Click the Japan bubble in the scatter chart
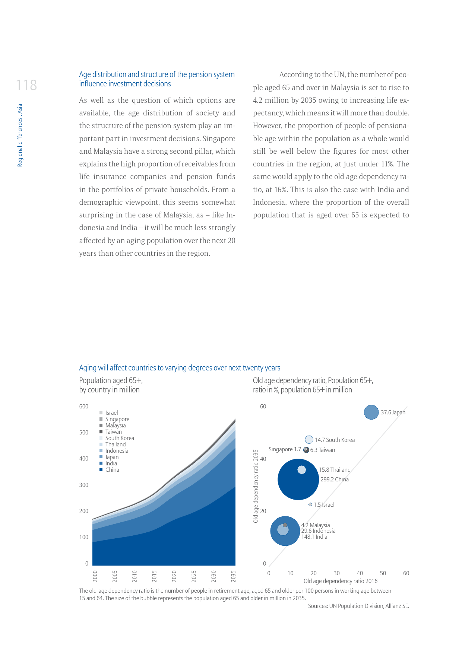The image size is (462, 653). [371, 412]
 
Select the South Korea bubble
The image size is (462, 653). [309, 440]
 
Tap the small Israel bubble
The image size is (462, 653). [310, 504]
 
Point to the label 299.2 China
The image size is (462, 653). [334, 480]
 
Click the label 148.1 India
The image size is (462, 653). [314, 537]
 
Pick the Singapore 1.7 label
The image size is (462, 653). [285, 449]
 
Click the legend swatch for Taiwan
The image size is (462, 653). [101, 432]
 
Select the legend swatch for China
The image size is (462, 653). [101, 470]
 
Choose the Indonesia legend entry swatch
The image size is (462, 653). [101, 451]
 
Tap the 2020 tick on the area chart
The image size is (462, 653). [174, 576]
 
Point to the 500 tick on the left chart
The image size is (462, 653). [84, 433]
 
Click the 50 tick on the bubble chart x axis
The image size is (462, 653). [383, 573]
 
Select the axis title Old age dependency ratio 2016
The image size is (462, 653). [340, 581]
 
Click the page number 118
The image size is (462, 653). [26, 85]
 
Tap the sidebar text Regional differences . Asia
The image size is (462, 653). [20, 135]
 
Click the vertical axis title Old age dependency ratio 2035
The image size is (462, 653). [256, 486]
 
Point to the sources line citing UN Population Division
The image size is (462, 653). [358, 606]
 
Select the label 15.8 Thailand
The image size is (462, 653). [335, 470]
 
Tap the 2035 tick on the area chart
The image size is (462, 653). [233, 576]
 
